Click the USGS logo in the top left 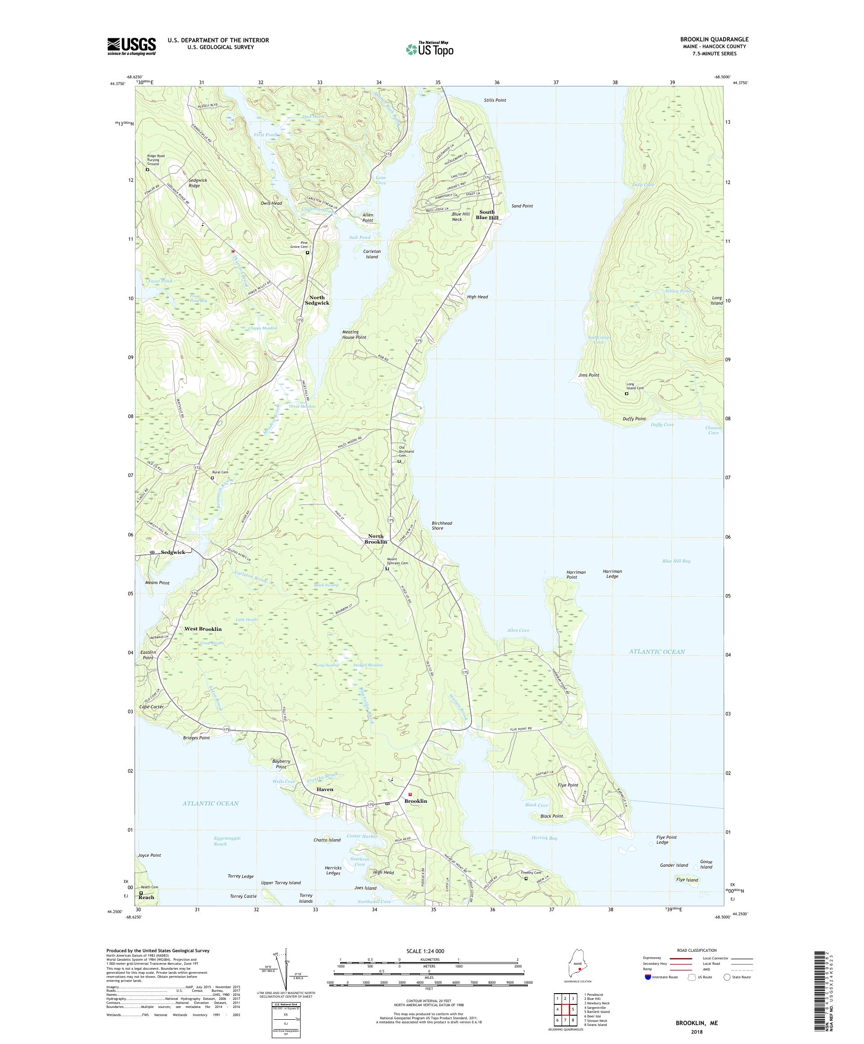[131, 46]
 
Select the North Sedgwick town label [317, 300]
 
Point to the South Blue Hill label [487, 215]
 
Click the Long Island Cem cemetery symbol [626, 394]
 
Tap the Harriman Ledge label [612, 574]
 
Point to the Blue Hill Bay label [676, 561]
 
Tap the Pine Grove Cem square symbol [307, 252]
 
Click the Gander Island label [674, 865]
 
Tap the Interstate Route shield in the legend [647, 976]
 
